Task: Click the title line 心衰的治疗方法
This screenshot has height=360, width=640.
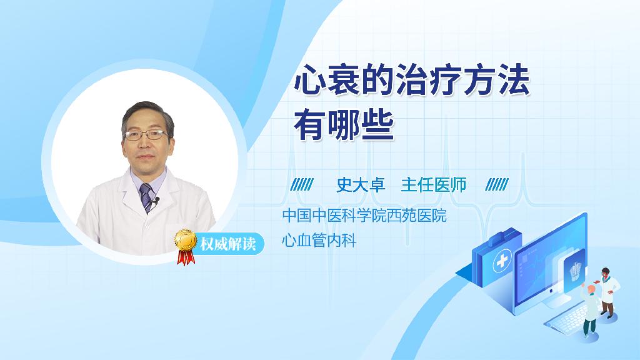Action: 412,81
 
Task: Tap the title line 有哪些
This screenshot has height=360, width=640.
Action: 344,125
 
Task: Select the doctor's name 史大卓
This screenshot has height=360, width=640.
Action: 361,185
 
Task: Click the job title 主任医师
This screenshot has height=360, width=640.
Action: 434,185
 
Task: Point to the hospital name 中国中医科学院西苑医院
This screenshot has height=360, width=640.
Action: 364,216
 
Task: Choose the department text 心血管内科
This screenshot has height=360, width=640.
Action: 319,240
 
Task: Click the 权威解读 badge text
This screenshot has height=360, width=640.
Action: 227,244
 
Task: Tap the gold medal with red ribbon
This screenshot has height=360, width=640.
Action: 186,246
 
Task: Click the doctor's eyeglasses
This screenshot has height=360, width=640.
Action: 146,135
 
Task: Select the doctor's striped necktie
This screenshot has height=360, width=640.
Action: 146,197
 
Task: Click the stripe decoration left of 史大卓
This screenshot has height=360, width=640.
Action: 302,185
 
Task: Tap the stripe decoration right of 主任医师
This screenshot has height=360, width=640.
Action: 497,185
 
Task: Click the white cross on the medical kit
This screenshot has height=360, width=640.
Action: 502,261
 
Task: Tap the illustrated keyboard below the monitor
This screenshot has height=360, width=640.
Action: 567,318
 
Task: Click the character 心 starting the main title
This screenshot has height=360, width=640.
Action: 310,81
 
